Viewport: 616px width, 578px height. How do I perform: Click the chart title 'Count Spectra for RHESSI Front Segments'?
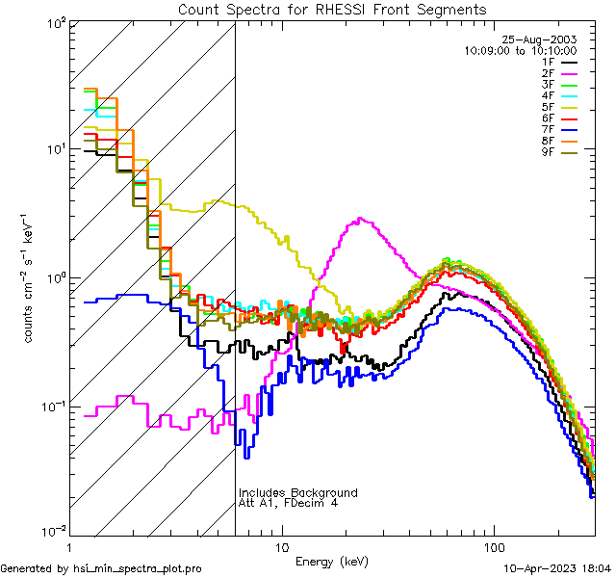pos(332,9)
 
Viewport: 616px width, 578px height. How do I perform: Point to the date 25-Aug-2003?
pos(541,39)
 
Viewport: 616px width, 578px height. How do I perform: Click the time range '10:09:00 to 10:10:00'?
pos(520,50)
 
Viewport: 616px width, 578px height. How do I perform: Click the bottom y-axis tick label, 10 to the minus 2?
pos(48,531)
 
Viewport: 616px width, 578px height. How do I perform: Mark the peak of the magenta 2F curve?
pos(360,220)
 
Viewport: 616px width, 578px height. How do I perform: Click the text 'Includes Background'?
pos(298,493)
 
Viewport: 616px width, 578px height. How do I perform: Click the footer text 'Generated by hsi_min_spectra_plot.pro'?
pos(101,569)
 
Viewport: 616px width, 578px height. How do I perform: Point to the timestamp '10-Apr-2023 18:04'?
pos(558,569)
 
